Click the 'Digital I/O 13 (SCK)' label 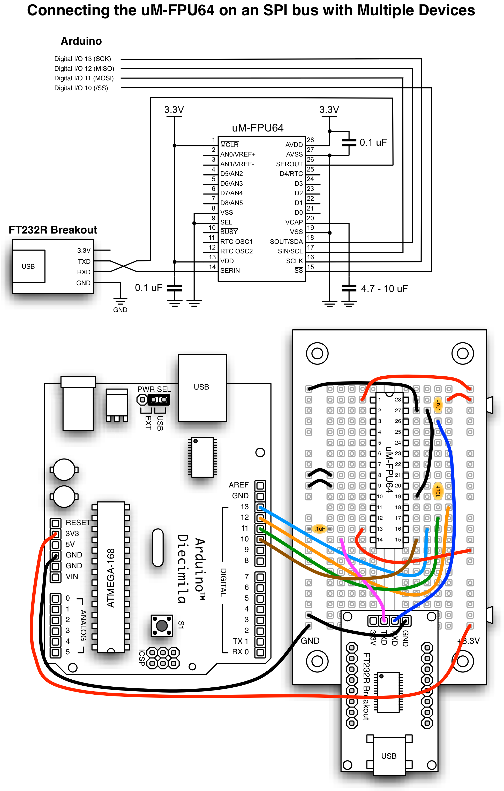coord(82,59)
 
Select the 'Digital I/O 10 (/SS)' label coord(81,88)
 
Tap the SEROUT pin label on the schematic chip coord(289,164)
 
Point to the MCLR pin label coord(229,145)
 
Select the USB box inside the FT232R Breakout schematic coord(28,266)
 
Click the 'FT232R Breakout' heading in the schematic coord(52,230)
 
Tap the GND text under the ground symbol coord(120,310)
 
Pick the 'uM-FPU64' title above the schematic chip coord(257,128)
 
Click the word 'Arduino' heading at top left coord(81,41)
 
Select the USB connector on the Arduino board coord(202,387)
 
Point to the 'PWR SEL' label coord(154,389)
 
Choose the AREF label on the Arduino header coord(238,485)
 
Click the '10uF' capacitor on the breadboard coord(438,491)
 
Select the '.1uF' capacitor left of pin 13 coord(320,529)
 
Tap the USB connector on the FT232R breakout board coord(389,756)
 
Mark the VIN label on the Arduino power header coord(72,577)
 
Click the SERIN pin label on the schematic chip coord(230,270)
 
